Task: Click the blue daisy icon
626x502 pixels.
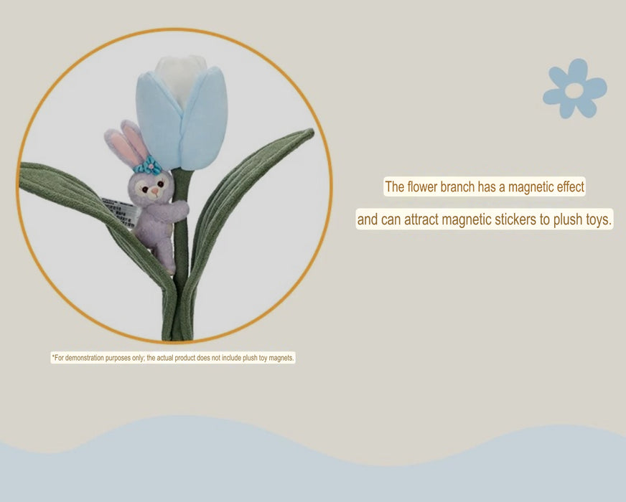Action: pyautogui.click(x=574, y=89)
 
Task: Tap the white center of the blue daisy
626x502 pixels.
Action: pyautogui.click(x=574, y=90)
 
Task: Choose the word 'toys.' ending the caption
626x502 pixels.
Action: pyautogui.click(x=599, y=219)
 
